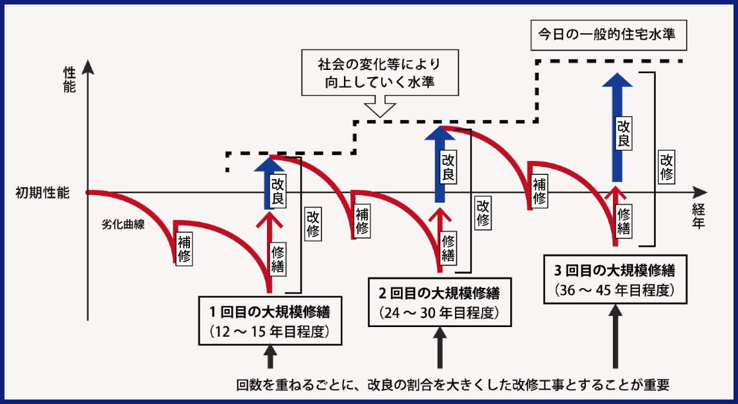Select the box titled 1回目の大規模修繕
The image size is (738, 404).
click(x=270, y=322)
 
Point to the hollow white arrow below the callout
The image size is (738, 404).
click(x=380, y=106)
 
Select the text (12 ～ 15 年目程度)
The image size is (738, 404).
click(x=270, y=332)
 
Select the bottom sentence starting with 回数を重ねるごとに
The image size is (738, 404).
click(x=453, y=385)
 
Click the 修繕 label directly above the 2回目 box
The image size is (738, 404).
click(x=449, y=248)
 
